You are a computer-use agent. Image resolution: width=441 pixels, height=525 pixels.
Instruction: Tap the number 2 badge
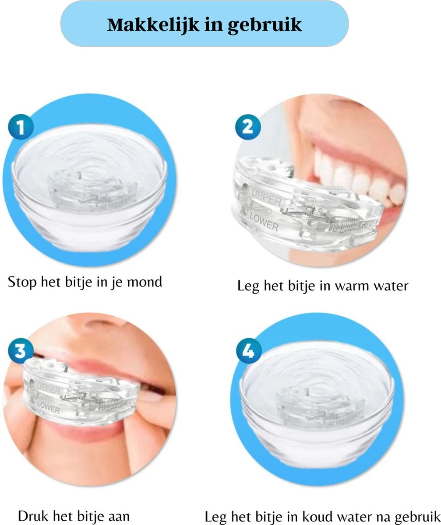247,127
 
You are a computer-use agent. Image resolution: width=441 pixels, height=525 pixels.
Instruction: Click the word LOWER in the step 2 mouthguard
264,221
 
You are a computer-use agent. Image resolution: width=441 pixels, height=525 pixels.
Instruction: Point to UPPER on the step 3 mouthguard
49,387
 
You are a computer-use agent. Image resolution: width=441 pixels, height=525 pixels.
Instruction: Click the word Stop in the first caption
22,282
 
